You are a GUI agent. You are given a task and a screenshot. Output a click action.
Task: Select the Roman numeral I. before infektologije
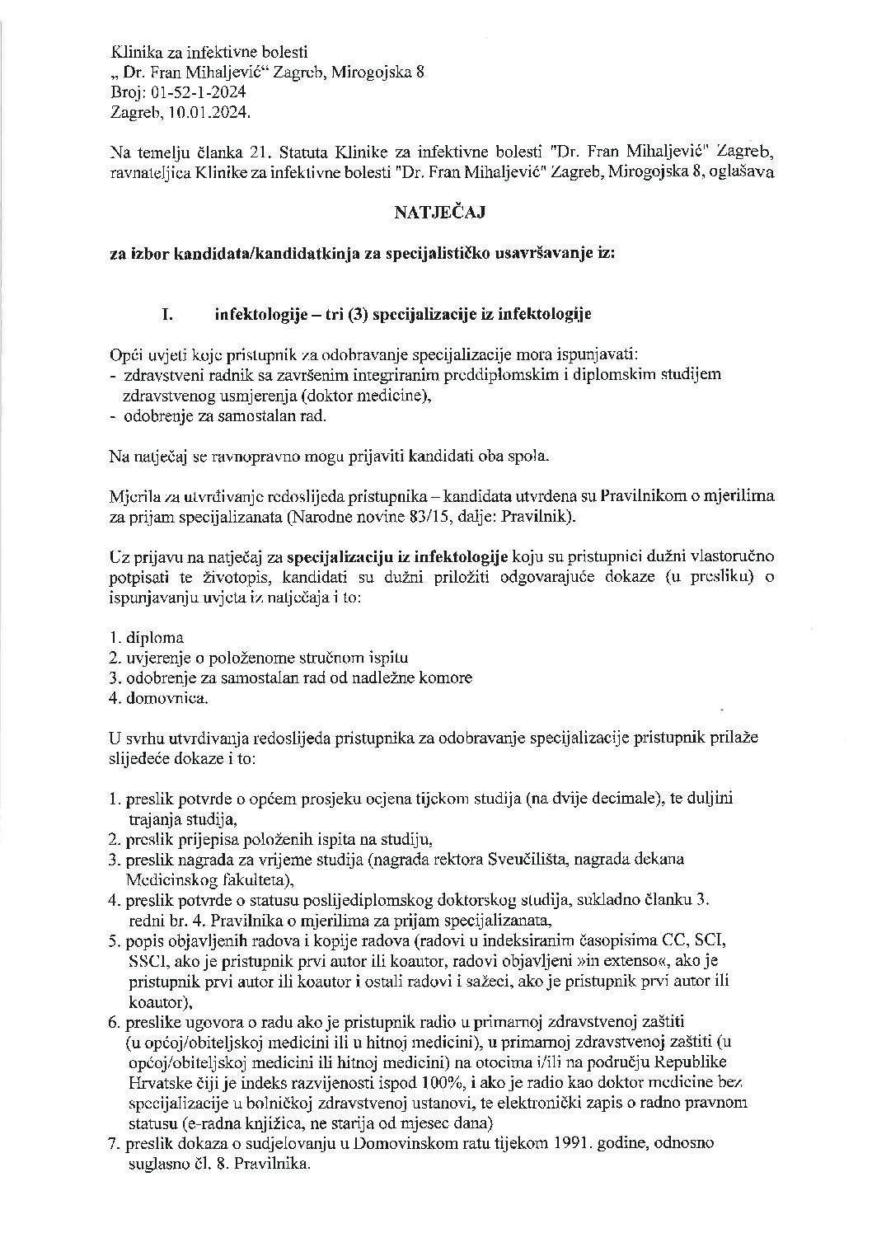(x=168, y=314)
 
